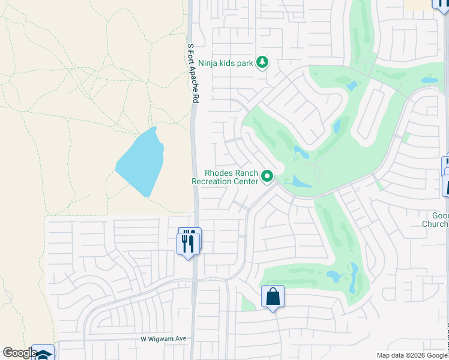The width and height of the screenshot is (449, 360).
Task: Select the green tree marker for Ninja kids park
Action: click(x=262, y=61)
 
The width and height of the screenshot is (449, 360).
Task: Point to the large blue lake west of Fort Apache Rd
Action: click(x=140, y=161)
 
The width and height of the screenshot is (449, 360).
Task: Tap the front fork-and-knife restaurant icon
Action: click(x=187, y=244)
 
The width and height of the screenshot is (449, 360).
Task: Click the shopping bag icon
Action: click(x=273, y=296)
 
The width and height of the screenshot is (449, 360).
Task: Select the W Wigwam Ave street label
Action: click(x=163, y=339)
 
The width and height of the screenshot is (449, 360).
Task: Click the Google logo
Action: click(x=19, y=353)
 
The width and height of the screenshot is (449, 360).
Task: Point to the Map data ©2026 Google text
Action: click(x=411, y=355)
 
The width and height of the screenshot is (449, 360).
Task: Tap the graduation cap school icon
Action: click(x=43, y=354)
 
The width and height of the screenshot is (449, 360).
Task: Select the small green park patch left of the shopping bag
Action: click(x=248, y=304)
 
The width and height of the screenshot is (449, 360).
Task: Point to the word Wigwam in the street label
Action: click(x=161, y=339)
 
